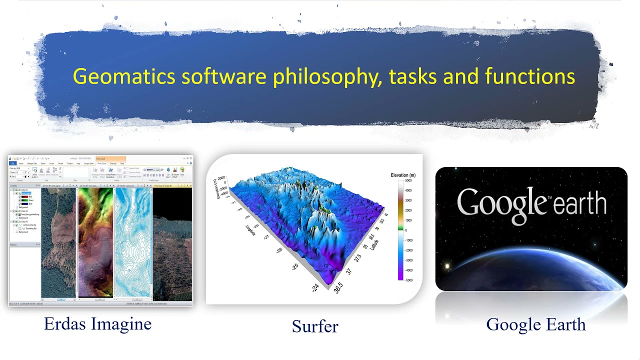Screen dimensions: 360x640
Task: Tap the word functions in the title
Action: [x=529, y=76]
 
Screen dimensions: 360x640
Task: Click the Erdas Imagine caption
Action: [x=97, y=324]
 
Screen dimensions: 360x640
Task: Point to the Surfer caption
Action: [x=315, y=326]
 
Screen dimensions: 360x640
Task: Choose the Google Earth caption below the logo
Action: [x=535, y=324]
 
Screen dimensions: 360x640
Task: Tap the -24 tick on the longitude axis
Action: [x=315, y=287]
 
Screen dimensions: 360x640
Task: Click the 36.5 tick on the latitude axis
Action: [x=339, y=288]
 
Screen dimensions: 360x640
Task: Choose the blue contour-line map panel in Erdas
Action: [x=132, y=242]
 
